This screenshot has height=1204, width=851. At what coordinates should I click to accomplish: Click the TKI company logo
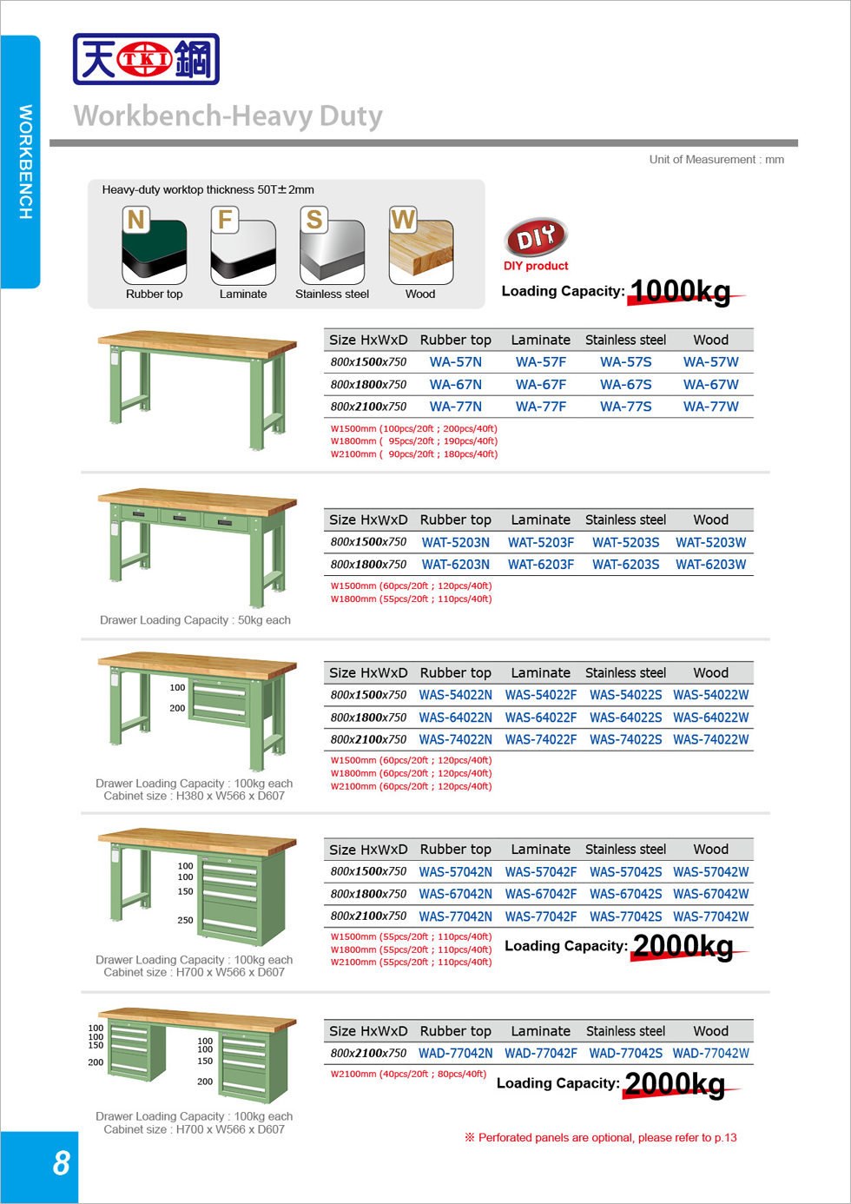coord(146,59)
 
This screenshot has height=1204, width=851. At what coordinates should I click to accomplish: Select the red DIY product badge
coord(535,236)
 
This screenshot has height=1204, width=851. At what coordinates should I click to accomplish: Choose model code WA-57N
coord(456,362)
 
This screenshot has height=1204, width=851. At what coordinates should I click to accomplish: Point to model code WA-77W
coord(710,407)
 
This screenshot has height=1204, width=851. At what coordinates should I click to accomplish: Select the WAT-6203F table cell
coord(541,565)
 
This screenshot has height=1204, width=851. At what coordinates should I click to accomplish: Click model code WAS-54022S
coord(625,695)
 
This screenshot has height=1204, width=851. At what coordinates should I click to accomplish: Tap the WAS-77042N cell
coord(456,916)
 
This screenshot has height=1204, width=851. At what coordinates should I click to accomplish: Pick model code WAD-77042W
coord(710,1054)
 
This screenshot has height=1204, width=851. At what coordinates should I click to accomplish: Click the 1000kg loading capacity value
coord(680,291)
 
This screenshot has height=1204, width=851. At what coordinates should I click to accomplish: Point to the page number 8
coord(61,1163)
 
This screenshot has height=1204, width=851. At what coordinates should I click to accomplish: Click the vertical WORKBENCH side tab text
coord(26,162)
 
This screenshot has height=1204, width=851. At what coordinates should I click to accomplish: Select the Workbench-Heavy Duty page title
coord(228,116)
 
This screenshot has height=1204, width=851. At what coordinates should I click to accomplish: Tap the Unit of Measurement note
coord(716,160)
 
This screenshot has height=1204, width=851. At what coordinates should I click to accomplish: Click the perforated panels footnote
coord(601,1138)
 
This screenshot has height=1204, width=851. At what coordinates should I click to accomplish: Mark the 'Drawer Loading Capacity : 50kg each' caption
coord(195,620)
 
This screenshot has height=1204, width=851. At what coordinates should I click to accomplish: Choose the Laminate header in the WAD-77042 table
coord(540,1031)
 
